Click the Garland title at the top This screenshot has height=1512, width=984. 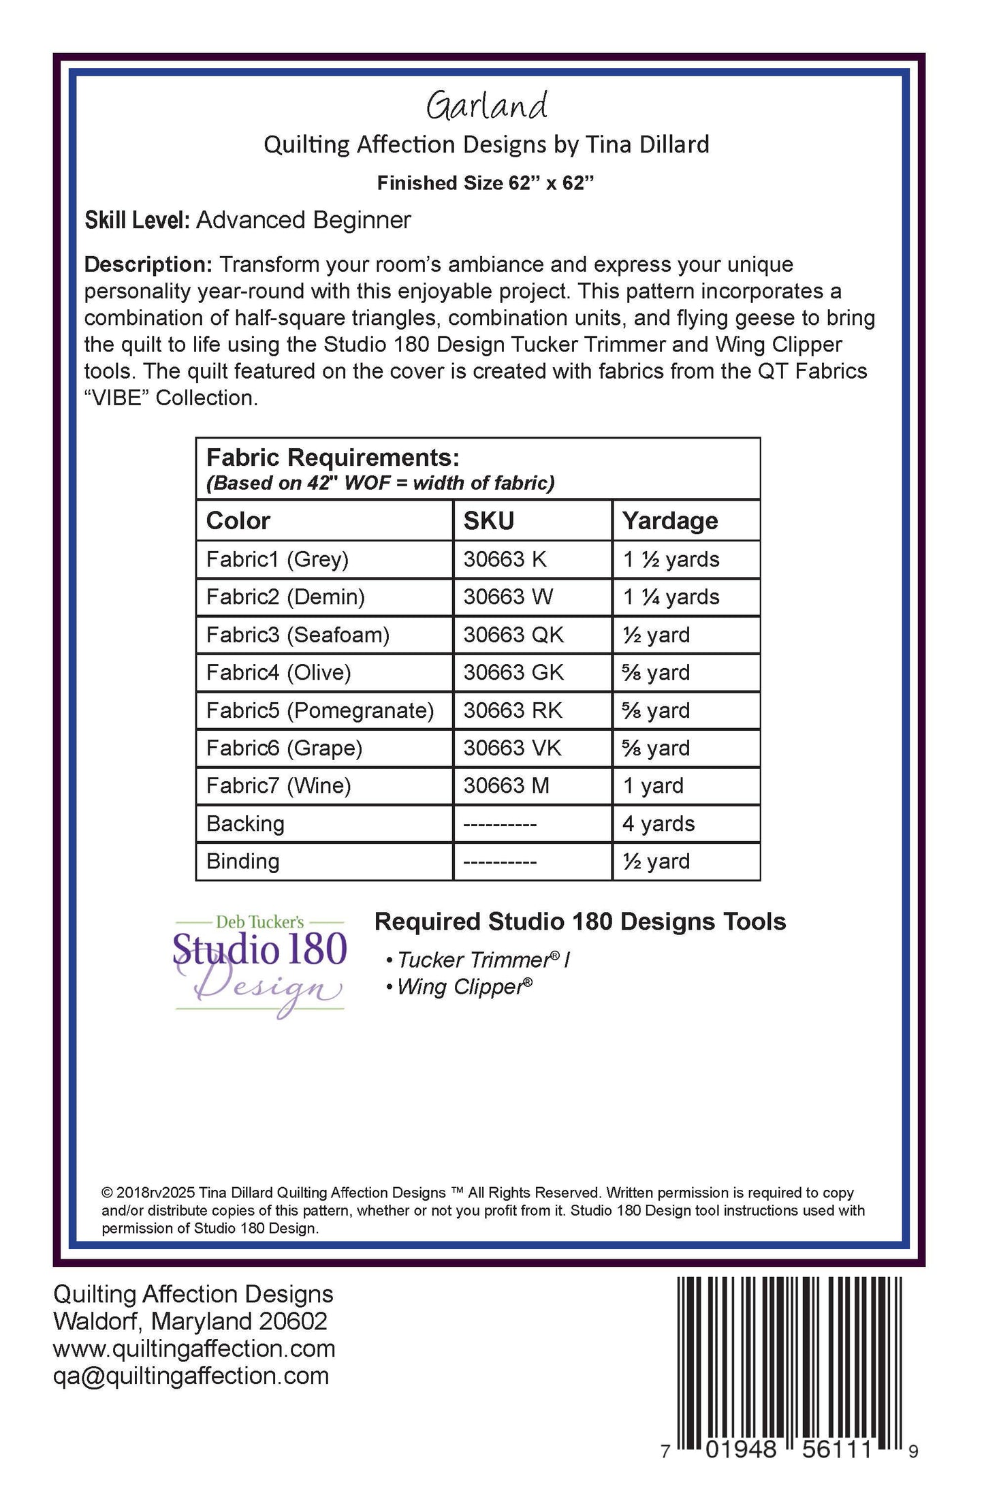[x=487, y=106]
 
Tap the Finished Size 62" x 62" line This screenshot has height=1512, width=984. [x=486, y=183]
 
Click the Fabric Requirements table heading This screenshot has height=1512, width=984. [x=333, y=457]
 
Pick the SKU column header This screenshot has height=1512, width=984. [x=489, y=521]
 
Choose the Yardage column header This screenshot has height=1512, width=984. [x=670, y=521]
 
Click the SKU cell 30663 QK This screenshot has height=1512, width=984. [x=513, y=635]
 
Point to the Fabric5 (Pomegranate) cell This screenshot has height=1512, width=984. [x=320, y=710]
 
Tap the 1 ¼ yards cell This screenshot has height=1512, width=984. [x=671, y=597]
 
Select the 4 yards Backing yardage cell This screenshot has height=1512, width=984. [x=658, y=824]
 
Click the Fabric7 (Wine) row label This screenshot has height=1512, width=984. [x=279, y=786]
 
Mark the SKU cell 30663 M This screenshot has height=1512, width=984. [x=506, y=786]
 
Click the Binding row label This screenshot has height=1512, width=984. [x=242, y=862]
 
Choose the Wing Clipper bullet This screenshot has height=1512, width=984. [x=460, y=987]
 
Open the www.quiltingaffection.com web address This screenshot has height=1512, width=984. [x=194, y=1349]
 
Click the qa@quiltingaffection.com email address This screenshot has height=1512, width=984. [x=191, y=1376]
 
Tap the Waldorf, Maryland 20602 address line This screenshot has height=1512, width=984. [x=190, y=1321]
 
